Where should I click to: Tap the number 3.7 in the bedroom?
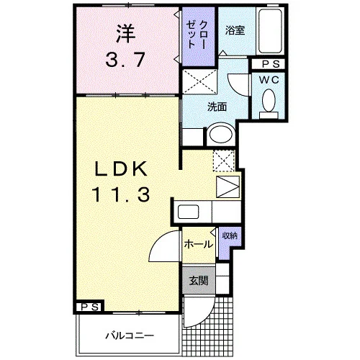pos(125,60)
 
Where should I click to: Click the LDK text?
pos(121,168)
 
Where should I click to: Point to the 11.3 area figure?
pos(121,194)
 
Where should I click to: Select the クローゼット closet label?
pos(197,35)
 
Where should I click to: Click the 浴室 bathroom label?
pos(235,30)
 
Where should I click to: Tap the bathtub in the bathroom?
pos(270,31)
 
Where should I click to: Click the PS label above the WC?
pos(271,64)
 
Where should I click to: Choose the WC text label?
pos(269,80)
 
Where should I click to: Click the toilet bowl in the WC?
pos(269,100)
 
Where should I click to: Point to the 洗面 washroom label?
pos(217,107)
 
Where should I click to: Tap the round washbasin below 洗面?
pos(221,134)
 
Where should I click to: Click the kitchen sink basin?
pos(188,212)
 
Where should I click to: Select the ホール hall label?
pos(199,245)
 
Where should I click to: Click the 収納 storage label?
pos(230,235)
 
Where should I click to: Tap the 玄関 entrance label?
pos(199,280)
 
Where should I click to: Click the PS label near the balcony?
pos(89,307)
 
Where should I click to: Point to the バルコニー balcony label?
pos(130,336)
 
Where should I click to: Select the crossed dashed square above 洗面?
pos(199,81)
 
